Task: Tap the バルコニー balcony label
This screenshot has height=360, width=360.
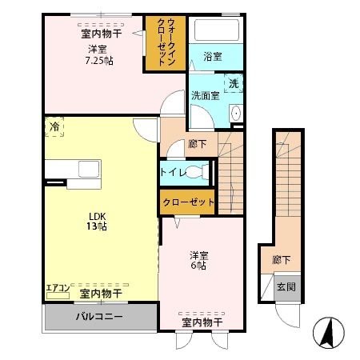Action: tap(99, 316)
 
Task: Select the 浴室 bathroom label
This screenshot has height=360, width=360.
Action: tap(212, 57)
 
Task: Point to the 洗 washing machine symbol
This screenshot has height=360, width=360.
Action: tap(234, 83)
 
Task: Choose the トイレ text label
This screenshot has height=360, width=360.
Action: tap(174, 172)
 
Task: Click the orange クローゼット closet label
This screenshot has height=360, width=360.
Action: tap(189, 202)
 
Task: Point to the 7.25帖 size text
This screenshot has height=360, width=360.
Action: tap(101, 61)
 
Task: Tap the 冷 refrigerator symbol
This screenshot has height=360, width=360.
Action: tap(54, 127)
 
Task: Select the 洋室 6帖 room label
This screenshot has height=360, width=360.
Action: tap(198, 261)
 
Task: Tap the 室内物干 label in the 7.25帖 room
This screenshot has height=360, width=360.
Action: tap(101, 34)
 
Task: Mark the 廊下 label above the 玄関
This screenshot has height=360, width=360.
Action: tap(281, 260)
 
